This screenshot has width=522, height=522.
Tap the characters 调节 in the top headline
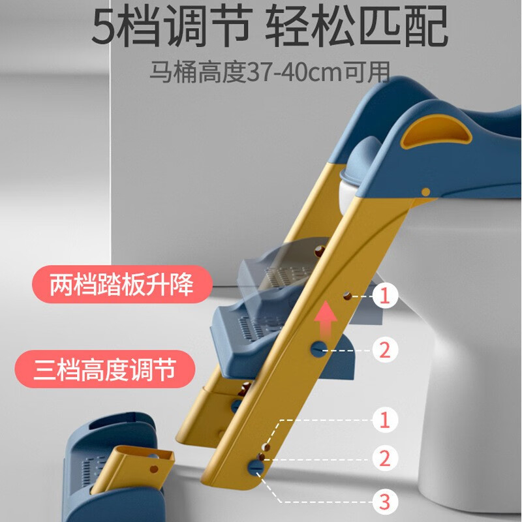[x=208, y=26]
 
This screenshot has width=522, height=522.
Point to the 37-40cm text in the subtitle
[x=295, y=72]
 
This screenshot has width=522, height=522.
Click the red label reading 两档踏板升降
[x=122, y=284]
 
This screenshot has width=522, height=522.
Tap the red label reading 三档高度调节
[x=105, y=369]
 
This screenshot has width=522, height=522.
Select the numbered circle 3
[x=384, y=501]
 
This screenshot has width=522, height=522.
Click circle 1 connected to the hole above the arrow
[x=385, y=296]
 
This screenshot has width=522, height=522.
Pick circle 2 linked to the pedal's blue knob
[x=385, y=350]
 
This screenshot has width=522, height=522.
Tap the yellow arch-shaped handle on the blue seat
[x=436, y=132]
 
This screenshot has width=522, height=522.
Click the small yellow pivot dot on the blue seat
[x=426, y=192]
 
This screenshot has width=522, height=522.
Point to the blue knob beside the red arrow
[x=319, y=349]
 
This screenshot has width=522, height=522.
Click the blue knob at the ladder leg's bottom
[x=256, y=467]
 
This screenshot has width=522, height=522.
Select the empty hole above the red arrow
[x=347, y=296]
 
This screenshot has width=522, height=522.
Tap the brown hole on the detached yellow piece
[x=154, y=469]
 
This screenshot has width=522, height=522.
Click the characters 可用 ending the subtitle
[x=367, y=72]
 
